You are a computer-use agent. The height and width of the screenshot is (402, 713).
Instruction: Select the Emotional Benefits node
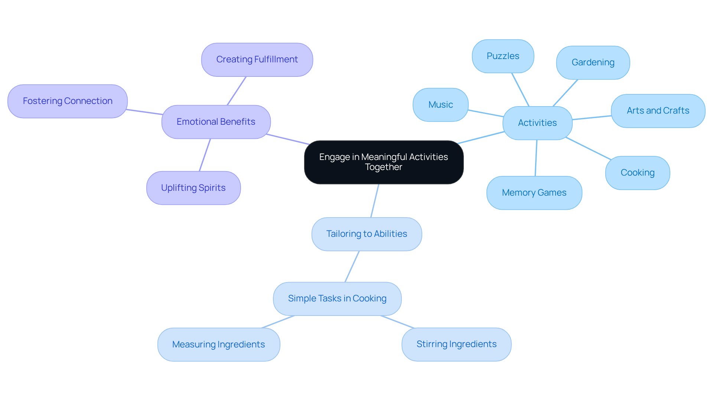point(216,122)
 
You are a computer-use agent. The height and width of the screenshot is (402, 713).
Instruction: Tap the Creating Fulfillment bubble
point(257,59)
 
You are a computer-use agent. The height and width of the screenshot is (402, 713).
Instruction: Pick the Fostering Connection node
point(68,101)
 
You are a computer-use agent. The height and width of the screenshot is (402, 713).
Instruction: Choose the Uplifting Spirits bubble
point(193,188)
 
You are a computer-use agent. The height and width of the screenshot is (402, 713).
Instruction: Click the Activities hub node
point(537,123)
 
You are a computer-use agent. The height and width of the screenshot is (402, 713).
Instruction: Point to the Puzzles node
point(503,56)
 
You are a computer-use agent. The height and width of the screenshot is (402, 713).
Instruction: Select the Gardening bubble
point(593,62)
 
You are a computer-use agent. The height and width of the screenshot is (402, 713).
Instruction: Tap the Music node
point(440,105)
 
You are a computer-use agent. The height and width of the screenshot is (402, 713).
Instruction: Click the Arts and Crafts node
point(658,111)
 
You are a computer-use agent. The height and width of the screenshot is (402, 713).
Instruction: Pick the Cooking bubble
point(637,173)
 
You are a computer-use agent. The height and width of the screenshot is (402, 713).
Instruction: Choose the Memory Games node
point(534,193)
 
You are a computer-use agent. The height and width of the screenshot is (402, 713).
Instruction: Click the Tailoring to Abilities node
point(367,234)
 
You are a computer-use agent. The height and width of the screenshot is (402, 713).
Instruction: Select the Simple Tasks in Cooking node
point(337,298)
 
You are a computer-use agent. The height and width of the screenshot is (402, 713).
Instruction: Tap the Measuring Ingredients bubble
point(218,344)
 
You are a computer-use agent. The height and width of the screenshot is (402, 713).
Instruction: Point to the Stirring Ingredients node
point(456,344)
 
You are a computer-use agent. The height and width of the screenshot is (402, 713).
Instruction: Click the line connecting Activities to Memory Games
point(536,158)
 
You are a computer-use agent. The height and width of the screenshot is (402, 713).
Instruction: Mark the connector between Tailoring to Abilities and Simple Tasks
point(352,267)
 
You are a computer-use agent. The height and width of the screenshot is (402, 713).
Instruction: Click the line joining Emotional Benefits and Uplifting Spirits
point(205,155)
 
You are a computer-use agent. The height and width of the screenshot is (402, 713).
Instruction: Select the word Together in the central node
point(384,167)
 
